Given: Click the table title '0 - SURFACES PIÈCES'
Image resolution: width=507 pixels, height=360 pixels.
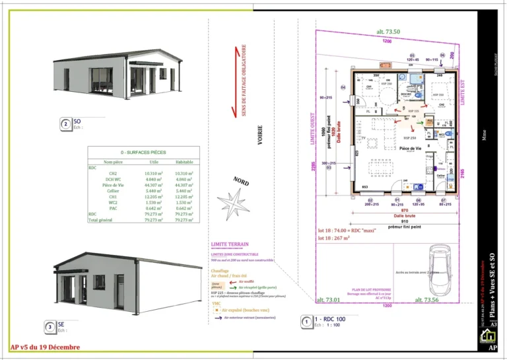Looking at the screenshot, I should click(143, 153).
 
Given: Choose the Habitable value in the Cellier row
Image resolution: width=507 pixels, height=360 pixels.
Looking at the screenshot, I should click(184, 191).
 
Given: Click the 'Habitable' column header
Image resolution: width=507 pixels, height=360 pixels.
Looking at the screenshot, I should click(184, 162).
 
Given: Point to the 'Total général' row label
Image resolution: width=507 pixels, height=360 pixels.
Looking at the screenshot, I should click(100, 220).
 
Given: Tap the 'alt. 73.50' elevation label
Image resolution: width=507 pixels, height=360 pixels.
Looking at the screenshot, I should click(388, 32).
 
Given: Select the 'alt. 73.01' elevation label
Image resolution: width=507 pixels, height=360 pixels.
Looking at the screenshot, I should click(328, 300).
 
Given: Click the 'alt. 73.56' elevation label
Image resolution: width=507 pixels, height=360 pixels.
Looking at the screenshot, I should click(426, 300).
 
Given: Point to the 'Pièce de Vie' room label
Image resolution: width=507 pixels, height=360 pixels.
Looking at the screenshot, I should click(410, 149).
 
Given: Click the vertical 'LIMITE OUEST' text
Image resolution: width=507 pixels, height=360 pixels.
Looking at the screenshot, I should click(312, 128).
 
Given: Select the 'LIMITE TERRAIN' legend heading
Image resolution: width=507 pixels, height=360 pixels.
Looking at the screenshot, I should click(230, 244).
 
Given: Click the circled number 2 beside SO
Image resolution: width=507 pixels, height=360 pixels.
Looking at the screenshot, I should click(66, 124).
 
